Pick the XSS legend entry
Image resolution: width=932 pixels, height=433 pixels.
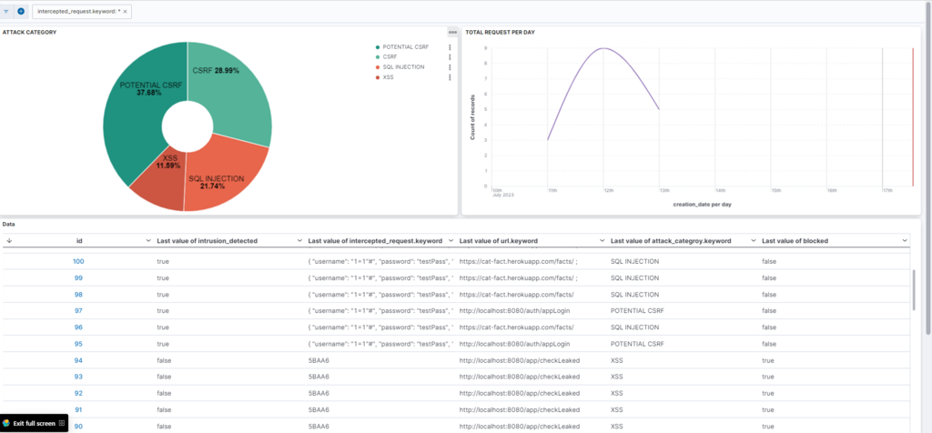click(389, 77)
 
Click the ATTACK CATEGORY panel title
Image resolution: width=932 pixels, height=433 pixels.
click(30, 32)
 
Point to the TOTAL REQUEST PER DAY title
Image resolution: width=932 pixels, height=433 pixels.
click(500, 32)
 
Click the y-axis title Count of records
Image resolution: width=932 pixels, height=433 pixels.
click(473, 118)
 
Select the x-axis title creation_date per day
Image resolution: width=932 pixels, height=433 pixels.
click(703, 205)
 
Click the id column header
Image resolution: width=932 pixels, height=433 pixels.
click(79, 240)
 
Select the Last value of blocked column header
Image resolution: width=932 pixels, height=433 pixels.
click(795, 240)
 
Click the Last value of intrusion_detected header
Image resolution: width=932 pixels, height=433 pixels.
click(208, 240)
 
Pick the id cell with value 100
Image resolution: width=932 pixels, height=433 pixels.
click(78, 261)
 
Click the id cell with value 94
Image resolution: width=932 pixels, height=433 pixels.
click(78, 361)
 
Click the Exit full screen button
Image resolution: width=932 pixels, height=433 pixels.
click(34, 423)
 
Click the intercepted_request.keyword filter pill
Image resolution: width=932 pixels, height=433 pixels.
click(78, 12)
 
